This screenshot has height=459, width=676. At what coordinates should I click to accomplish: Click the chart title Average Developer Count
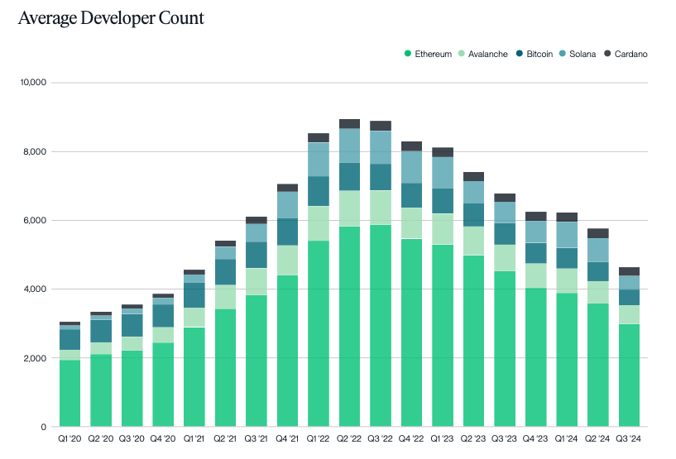pos(111,17)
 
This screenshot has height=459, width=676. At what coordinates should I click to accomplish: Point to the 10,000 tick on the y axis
pos(32,83)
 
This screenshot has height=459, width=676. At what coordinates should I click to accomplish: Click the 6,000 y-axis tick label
pos(35,220)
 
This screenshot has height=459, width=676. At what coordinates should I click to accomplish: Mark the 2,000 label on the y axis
pos(35,358)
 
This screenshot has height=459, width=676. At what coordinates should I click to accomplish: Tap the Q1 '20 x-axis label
pos(70,437)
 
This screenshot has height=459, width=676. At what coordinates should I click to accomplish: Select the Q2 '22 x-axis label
pos(349,437)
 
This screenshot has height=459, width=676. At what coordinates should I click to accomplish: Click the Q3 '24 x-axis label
pos(629,437)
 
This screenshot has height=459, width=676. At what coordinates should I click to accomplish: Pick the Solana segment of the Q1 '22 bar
pos(319,160)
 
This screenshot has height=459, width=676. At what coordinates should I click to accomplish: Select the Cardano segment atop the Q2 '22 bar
pos(349,123)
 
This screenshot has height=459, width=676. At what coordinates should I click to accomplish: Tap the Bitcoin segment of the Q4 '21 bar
pos(287,232)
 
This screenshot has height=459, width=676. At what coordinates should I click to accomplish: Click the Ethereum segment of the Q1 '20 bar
pos(70,393)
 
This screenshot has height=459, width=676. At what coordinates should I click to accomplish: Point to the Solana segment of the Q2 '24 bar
pos(598,250)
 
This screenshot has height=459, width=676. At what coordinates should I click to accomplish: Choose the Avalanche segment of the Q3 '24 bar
pos(629,314)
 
